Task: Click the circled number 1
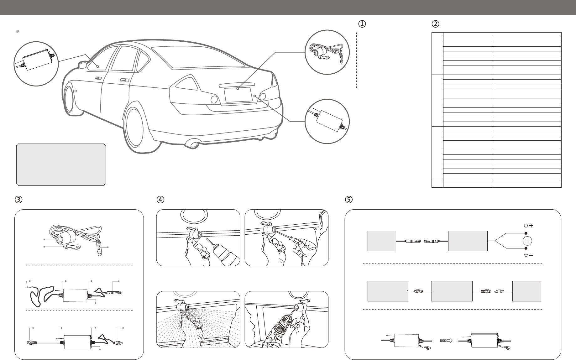click(362, 24)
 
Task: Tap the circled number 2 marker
click(435, 24)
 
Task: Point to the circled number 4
click(160, 199)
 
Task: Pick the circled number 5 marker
click(348, 199)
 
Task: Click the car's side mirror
click(83, 65)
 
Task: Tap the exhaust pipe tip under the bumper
click(191, 144)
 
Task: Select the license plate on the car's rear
click(238, 94)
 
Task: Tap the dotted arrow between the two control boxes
click(447, 340)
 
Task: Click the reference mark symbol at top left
click(18, 32)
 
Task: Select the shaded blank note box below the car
click(61, 164)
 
